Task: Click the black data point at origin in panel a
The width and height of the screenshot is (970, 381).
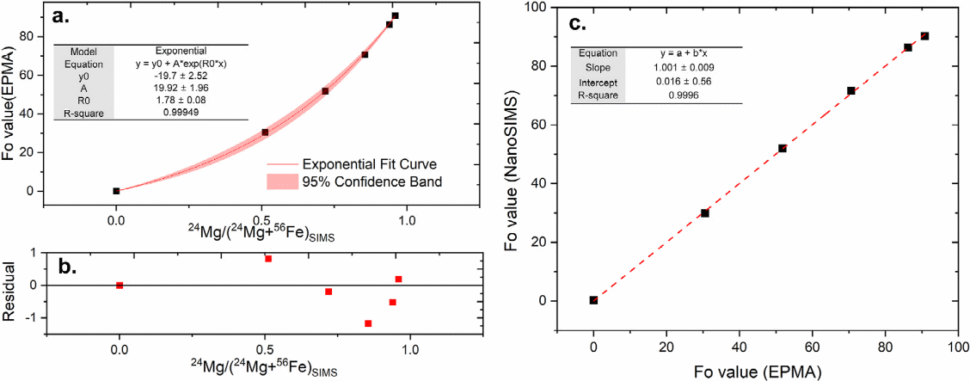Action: (x=116, y=191)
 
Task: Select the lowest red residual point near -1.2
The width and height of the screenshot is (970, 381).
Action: (x=368, y=323)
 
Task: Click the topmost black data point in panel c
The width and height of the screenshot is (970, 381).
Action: (x=924, y=36)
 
